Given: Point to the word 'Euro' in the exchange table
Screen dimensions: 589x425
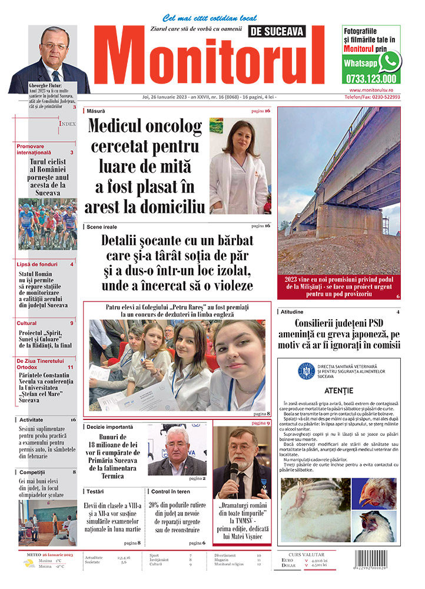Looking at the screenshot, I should click(288, 560).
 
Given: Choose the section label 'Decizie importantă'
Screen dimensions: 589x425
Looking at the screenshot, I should click(109, 426).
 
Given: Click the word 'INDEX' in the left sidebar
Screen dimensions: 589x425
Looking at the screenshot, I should click(67, 124).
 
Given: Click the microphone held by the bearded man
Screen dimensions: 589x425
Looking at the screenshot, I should click(234, 470).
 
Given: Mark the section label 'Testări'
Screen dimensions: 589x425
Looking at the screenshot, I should click(95, 491).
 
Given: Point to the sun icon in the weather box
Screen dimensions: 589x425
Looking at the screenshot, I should click(29, 563).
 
